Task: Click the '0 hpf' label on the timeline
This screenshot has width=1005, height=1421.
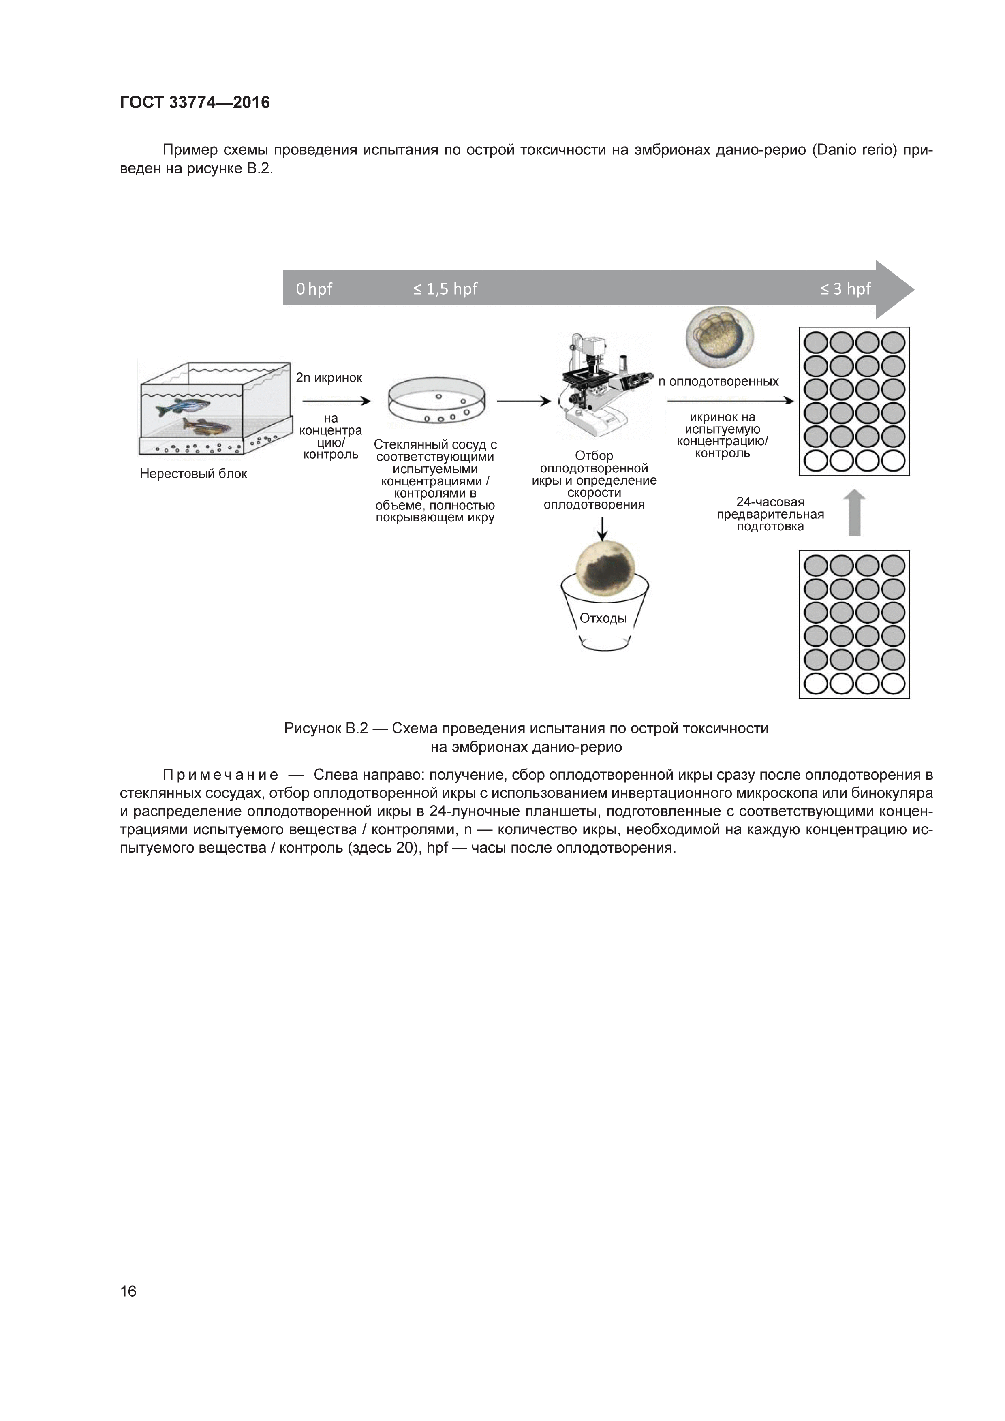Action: click(x=314, y=289)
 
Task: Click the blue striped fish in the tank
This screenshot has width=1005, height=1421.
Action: click(x=182, y=407)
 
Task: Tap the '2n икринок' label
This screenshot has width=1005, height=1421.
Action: click(x=329, y=378)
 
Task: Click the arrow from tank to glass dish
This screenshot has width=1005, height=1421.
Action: click(x=336, y=401)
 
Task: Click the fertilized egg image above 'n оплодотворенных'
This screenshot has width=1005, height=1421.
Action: click(x=719, y=339)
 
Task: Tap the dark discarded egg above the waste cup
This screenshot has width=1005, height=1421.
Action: click(x=605, y=568)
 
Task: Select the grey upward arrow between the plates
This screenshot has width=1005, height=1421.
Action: click(x=854, y=513)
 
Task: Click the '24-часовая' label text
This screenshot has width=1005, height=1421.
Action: click(x=770, y=502)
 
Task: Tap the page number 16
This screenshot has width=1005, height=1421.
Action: click(x=128, y=1291)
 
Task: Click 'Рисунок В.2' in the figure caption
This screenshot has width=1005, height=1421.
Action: click(x=325, y=729)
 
